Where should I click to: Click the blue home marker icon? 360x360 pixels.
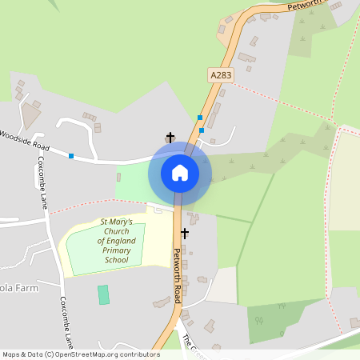180,173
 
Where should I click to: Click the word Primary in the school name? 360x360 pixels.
116,250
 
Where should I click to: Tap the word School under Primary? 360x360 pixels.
116,260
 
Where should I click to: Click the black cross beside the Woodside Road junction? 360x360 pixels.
170,138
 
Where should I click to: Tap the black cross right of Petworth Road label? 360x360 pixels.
185,233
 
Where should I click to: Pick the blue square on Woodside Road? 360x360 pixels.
71,155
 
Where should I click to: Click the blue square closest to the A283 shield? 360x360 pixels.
200,117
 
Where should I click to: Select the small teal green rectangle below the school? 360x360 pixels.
103,294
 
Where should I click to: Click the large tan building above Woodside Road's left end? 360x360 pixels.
33,117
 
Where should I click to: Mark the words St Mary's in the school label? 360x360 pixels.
117,221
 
